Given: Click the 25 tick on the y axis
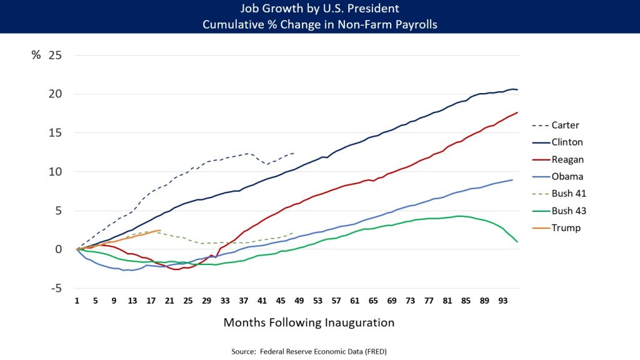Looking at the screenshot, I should tap(56, 55).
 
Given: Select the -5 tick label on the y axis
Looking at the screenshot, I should tap(56, 288).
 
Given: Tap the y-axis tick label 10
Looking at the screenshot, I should tap(56, 172).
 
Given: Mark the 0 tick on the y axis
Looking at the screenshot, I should tap(59, 249).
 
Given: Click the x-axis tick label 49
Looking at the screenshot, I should tap(299, 301).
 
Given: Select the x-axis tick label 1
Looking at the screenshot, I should tap(77, 301).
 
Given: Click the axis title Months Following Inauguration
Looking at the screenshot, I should tap(309, 323).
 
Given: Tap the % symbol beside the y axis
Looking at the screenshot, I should tap(36, 55).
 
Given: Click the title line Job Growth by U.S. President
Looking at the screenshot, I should tap(319, 9).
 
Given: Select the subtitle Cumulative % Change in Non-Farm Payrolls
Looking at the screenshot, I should tap(319, 24).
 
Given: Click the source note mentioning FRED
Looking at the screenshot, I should tap(309, 351).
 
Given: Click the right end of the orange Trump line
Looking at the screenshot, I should tap(161, 231).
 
